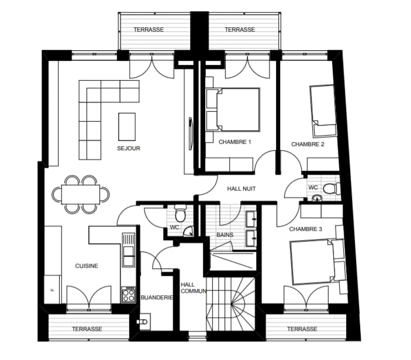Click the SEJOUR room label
pos(129,148)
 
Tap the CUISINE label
pos(87,266)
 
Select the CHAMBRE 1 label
pos(234,142)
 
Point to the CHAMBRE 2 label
pos(308,144)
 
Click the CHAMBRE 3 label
pos(305,229)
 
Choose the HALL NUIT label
pos(241,189)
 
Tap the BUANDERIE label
pos(157,297)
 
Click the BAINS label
pos(225,235)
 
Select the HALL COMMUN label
pos(194,288)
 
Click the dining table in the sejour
pos(81,195)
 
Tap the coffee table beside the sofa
pos(127,127)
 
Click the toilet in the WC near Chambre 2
pos(331,189)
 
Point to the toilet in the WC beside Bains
pos(180,213)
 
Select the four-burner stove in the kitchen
pos(129,295)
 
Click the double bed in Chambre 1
pos(233,109)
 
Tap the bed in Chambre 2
pos(323,110)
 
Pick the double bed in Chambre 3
pos(317,262)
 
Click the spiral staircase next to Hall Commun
pos(231,304)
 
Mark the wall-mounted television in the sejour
pos(191,134)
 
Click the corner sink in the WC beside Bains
pos(188,231)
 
